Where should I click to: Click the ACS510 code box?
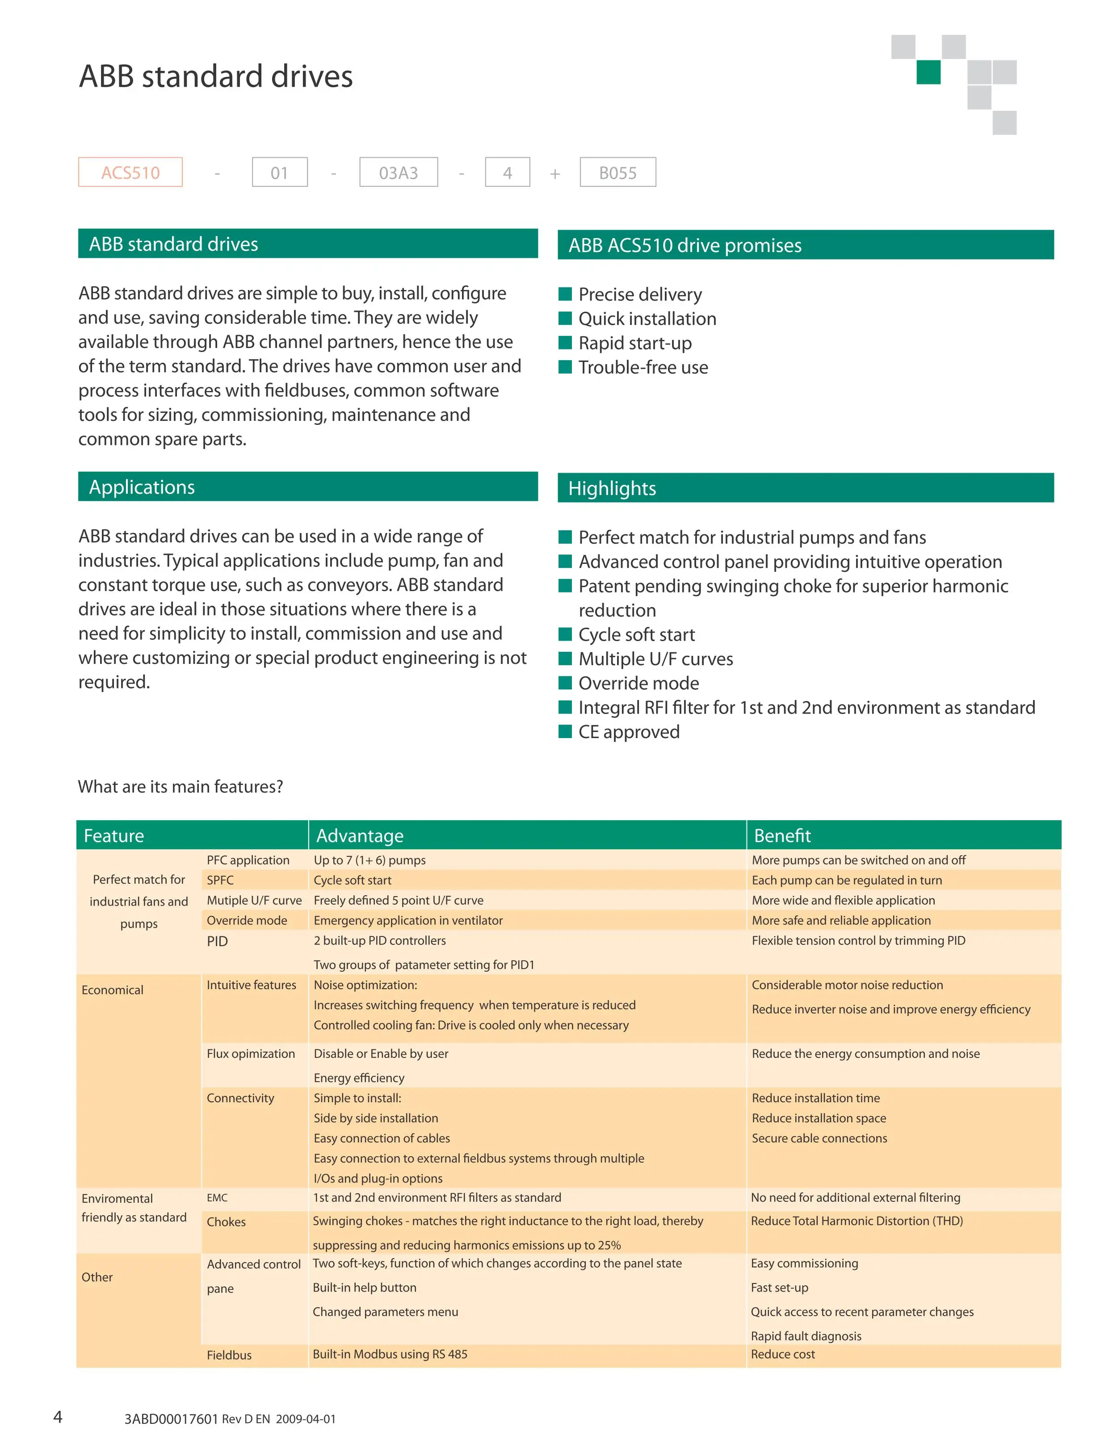pyautogui.click(x=130, y=172)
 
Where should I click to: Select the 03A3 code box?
pyautogui.click(x=398, y=172)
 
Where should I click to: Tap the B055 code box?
pyautogui.click(x=617, y=172)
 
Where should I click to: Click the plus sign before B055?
pyautogui.click(x=555, y=173)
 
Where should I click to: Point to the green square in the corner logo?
pyautogui.click(x=928, y=72)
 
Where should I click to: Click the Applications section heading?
pyautogui.click(x=142, y=487)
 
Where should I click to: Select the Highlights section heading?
pyautogui.click(x=612, y=488)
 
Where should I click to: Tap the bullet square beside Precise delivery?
pyautogui.click(x=565, y=294)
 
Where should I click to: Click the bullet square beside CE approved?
pyautogui.click(x=565, y=731)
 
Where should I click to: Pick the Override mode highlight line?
pyautogui.click(x=638, y=683)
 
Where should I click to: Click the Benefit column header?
pyautogui.click(x=782, y=835)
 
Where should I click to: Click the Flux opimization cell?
pyautogui.click(x=251, y=1053)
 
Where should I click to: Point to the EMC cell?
pyautogui.click(x=217, y=1197)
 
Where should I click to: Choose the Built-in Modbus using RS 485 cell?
pyautogui.click(x=390, y=1354)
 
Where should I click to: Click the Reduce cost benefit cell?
pyautogui.click(x=783, y=1354)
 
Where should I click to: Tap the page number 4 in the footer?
pyautogui.click(x=58, y=1417)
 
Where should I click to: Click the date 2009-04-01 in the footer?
pyautogui.click(x=306, y=1419)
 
